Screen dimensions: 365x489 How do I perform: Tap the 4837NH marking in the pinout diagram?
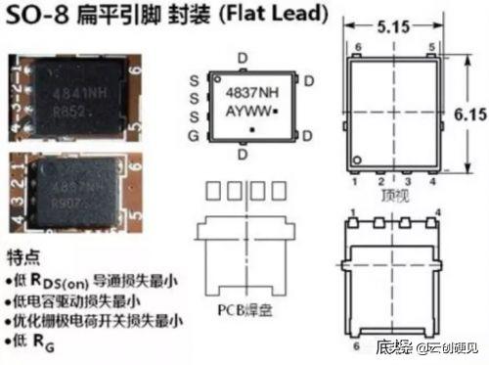(x=244, y=92)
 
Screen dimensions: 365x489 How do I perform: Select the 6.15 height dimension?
(x=469, y=114)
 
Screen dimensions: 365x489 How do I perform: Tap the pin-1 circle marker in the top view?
(x=359, y=160)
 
